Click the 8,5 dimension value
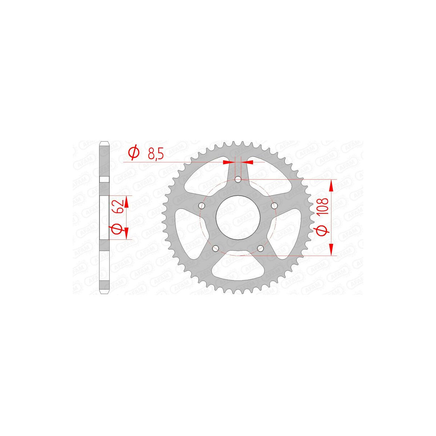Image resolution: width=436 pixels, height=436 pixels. click(x=156, y=154)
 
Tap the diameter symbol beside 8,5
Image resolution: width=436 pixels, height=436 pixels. click(x=134, y=153)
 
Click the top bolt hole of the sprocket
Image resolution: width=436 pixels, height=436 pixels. click(x=238, y=179)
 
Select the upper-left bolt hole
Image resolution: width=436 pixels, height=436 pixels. click(x=201, y=206)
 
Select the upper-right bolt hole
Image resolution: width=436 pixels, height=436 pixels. click(x=274, y=206)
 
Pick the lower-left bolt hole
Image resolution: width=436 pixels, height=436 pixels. click(x=215, y=249)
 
